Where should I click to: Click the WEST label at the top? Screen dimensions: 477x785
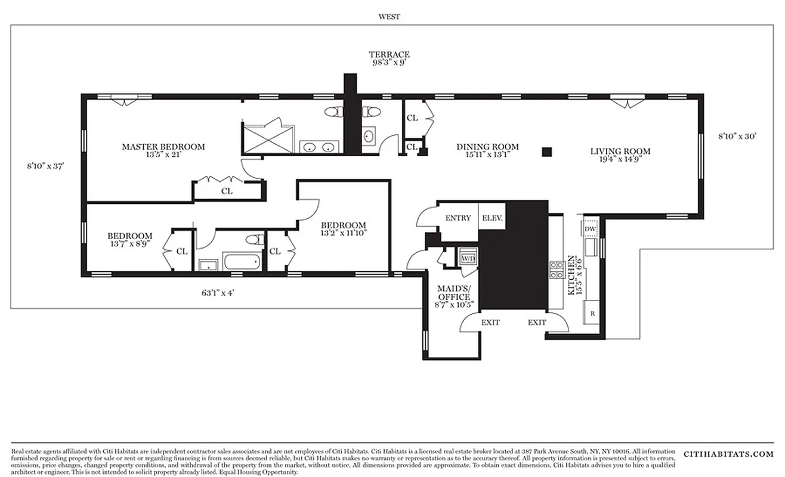point(389,17)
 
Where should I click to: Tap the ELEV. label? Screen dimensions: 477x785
point(493,218)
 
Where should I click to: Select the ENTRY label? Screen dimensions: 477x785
point(458,218)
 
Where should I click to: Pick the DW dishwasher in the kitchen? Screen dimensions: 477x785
point(591,229)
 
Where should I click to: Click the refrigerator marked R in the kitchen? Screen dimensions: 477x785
point(592,313)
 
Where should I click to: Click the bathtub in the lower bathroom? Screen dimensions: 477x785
point(241,261)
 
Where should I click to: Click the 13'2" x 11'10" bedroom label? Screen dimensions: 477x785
point(343,229)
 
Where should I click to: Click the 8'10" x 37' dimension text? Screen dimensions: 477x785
point(45,167)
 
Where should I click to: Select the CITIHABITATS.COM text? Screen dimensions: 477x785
point(728,454)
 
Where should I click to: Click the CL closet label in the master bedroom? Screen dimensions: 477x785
point(227,191)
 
